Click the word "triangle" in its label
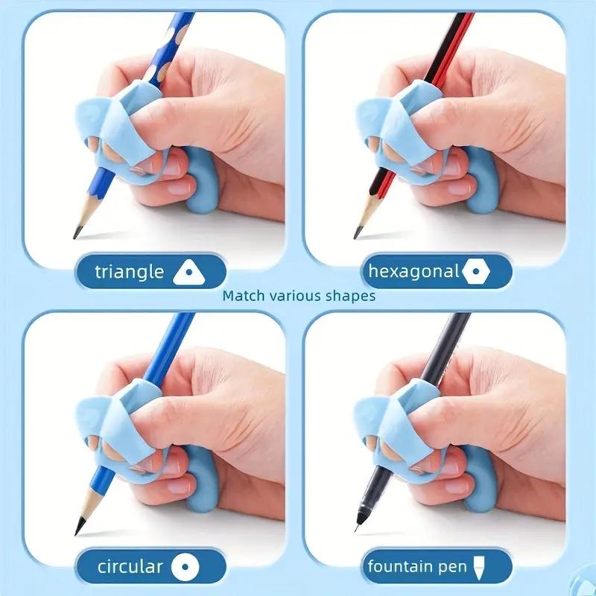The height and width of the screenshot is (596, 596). coord(129,271)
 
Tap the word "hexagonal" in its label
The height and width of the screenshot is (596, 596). coord(413,272)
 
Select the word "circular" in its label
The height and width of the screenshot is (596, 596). coord(130,567)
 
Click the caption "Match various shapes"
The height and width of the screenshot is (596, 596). coord(299,296)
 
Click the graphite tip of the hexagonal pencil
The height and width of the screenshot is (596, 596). coord(357,233)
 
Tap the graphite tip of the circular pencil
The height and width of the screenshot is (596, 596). coord(77,530)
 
